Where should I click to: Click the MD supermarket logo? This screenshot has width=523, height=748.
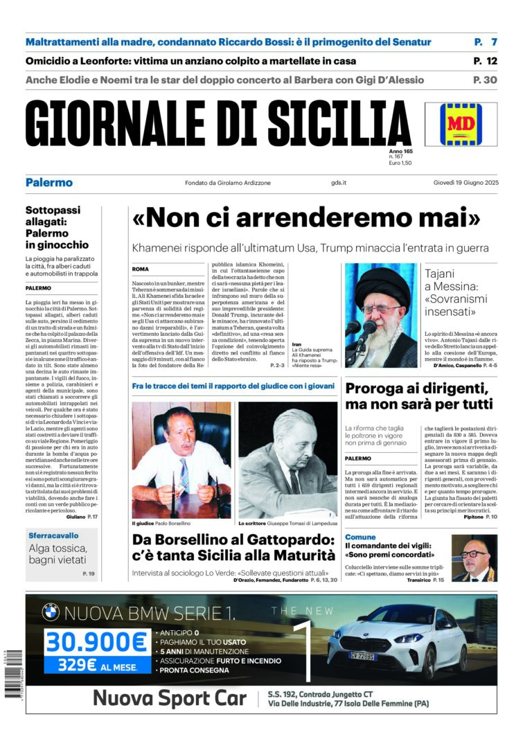pyautogui.click(x=470, y=124)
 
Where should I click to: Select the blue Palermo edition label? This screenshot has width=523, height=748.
pyautogui.click(x=48, y=183)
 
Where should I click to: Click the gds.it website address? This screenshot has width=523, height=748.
pyautogui.click(x=339, y=183)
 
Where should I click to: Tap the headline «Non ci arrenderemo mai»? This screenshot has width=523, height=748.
pyautogui.click(x=306, y=218)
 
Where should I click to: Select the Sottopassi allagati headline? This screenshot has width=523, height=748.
pyautogui.click(x=57, y=227)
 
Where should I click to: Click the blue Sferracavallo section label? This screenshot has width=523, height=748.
pyautogui.click(x=53, y=535)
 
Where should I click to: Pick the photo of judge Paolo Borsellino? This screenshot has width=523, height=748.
pyautogui.click(x=181, y=459)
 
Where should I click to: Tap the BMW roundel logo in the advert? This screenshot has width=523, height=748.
pyautogui.click(x=51, y=612)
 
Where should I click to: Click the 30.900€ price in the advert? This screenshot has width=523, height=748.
pyautogui.click(x=96, y=642)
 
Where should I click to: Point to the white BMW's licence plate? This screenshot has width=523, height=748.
pyautogui.click(x=362, y=655)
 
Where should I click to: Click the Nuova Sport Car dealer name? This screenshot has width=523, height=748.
pyautogui.click(x=170, y=697)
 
